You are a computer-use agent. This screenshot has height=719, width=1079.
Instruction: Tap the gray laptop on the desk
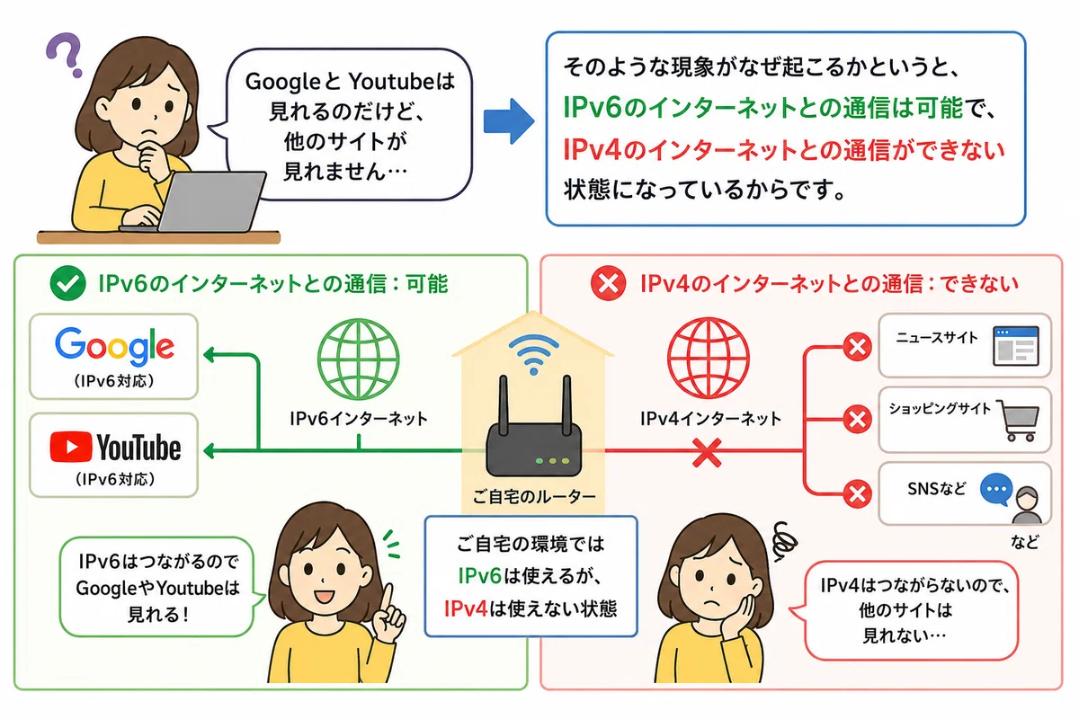tap(202, 203)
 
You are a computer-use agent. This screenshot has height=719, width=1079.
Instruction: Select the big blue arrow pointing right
tap(509, 121)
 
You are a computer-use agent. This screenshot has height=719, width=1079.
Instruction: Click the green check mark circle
tap(68, 283)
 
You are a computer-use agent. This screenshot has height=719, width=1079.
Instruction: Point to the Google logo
tap(114, 347)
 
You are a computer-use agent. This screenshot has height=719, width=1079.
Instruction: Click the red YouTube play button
tap(70, 447)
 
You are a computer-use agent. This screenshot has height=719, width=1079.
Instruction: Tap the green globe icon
tap(359, 359)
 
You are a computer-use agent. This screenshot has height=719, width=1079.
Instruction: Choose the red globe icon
tap(709, 358)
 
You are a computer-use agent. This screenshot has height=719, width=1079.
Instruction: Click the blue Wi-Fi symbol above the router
tap(534, 354)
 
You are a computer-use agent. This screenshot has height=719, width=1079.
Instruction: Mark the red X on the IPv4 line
tap(707, 453)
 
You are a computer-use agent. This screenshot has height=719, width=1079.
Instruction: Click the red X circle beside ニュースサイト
tap(857, 347)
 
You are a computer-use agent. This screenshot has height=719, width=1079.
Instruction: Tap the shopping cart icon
tap(1018, 421)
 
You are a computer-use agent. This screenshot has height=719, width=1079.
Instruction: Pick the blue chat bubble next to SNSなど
tap(995, 489)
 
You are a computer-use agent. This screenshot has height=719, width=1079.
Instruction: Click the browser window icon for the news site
tap(1016, 347)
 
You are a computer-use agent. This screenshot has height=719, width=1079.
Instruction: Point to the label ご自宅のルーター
tap(534, 496)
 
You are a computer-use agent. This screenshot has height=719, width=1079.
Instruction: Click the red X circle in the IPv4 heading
tap(609, 283)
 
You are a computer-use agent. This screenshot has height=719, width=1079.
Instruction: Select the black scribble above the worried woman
tap(785, 541)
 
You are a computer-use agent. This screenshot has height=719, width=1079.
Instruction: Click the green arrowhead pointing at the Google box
tap(208, 355)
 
